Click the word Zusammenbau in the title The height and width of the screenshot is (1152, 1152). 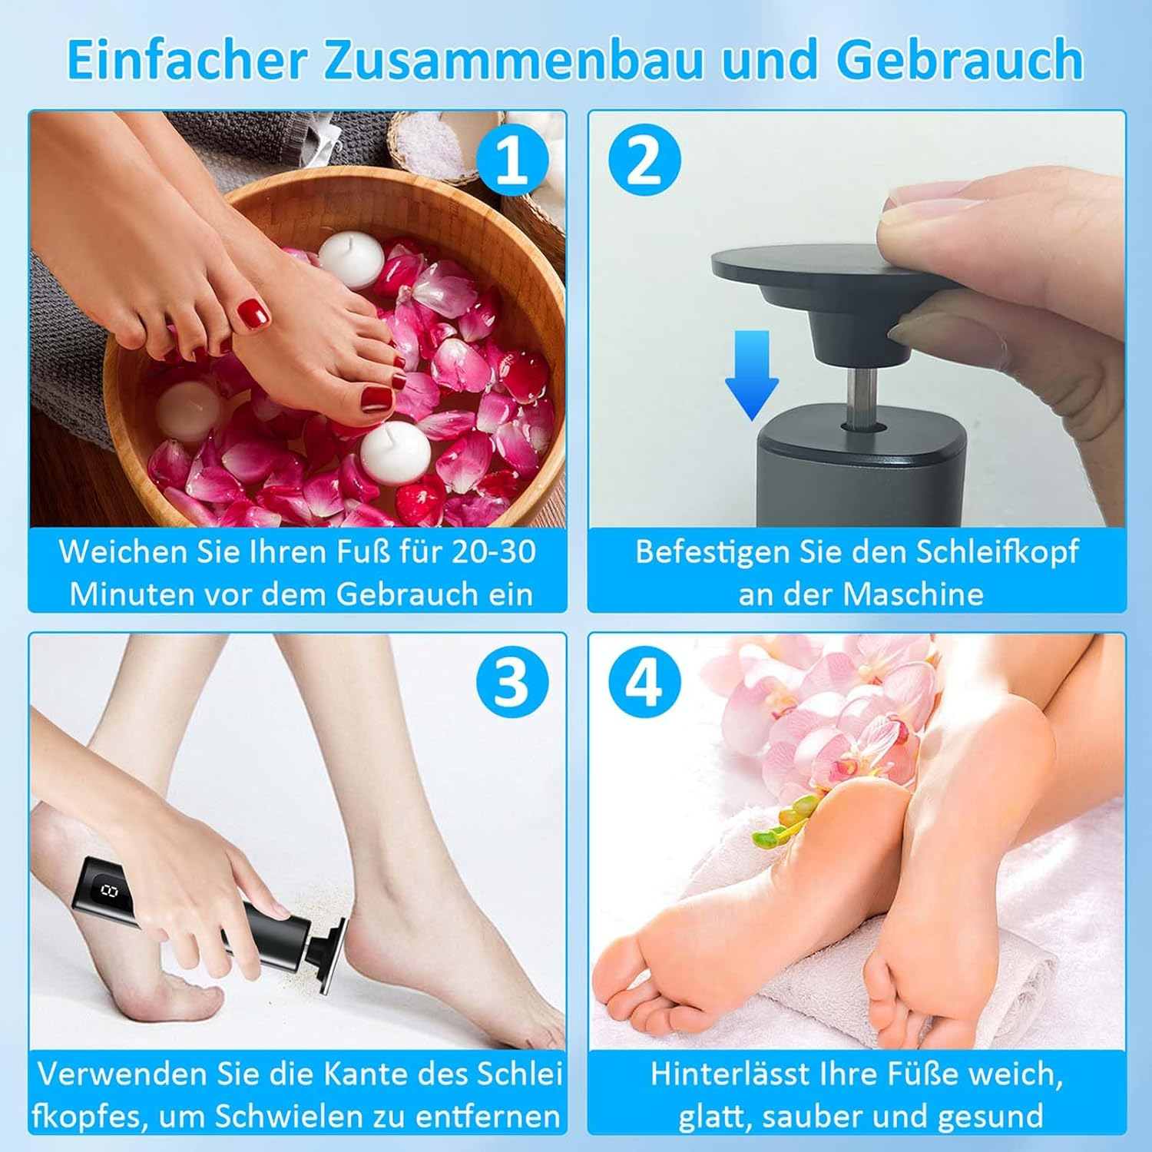pyautogui.click(x=513, y=59)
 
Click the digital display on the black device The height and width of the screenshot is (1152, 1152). pyautogui.click(x=108, y=891)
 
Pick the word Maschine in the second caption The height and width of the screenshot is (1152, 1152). pyautogui.click(x=913, y=594)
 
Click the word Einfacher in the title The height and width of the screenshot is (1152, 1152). pyautogui.click(x=187, y=59)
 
